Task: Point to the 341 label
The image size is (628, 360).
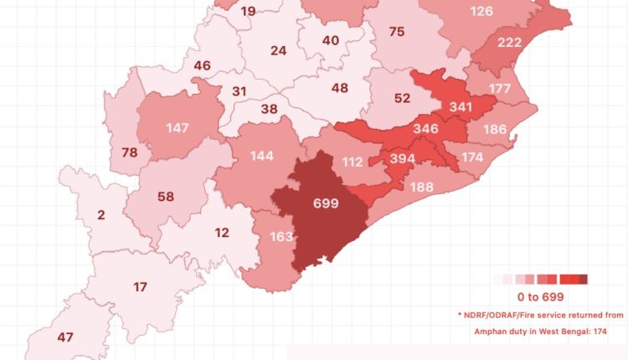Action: (460, 106)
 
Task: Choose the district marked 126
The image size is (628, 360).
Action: (481, 11)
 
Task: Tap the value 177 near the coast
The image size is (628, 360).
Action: (500, 90)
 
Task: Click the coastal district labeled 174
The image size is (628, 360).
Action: (472, 157)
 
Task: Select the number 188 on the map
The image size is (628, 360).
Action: (421, 187)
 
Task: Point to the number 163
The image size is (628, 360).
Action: (281, 237)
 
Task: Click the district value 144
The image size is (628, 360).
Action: (261, 157)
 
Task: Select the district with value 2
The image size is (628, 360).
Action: (101, 215)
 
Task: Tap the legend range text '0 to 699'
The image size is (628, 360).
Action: (540, 297)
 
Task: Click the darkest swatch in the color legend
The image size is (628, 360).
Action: (583, 279)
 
